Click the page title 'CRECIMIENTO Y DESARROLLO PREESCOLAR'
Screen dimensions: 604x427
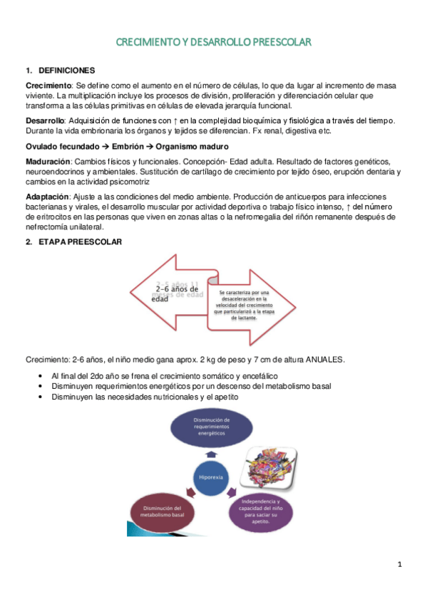point(213,43)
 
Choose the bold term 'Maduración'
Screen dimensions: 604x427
point(48,161)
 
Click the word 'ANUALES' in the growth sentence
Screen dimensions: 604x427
point(325,360)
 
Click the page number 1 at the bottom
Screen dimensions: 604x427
point(400,565)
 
